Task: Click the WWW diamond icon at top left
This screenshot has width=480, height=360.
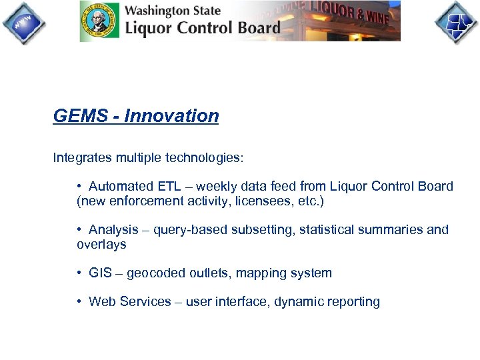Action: (23, 23)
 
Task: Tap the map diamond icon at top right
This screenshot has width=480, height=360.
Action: (456, 23)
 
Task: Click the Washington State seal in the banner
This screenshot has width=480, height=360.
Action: (99, 21)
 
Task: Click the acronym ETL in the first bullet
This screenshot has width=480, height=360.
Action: (169, 187)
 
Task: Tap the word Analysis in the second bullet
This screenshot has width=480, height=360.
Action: (113, 230)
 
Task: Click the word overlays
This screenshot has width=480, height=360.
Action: (101, 244)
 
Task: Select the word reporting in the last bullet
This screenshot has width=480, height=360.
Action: (353, 302)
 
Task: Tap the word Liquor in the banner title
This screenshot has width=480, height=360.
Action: (147, 27)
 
